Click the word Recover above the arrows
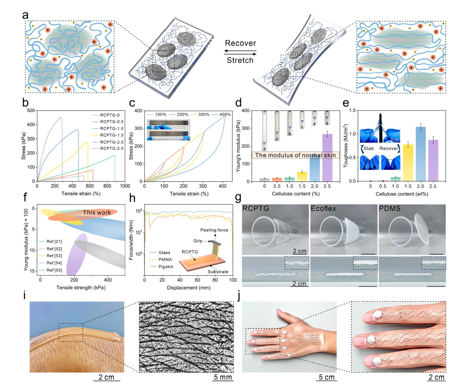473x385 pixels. pos(240,43)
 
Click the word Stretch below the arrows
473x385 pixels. pos(240,60)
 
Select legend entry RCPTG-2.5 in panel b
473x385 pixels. pos(112,148)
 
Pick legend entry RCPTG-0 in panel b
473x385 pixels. pos(110,115)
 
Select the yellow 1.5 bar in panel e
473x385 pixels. pos(408,163)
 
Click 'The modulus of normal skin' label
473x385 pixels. pos(295,155)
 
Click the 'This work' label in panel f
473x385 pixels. pos(97,213)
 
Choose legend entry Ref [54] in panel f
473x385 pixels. pos(54,263)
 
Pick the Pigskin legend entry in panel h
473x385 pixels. pos(166,267)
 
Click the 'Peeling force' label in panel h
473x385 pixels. pos(214,230)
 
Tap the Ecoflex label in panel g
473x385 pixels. pos(324,209)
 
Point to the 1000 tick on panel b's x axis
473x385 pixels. pos(125,186)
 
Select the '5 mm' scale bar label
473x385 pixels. pos(223,377)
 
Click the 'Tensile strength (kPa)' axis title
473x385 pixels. pos(81,288)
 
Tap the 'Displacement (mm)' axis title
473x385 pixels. pos(189,288)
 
